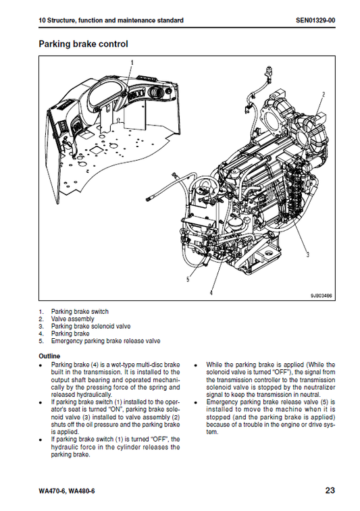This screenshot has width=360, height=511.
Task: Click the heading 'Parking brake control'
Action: (x=83, y=44)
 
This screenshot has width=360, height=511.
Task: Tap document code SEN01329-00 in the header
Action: (x=315, y=20)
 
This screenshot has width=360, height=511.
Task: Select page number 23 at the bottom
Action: (x=330, y=490)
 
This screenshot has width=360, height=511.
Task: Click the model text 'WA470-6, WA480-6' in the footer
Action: (x=66, y=491)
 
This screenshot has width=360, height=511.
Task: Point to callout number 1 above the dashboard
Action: (x=132, y=63)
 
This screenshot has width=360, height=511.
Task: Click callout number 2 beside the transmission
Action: (x=324, y=95)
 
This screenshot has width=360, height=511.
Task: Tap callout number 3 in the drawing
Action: (x=307, y=254)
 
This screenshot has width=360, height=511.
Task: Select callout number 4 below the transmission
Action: (x=211, y=292)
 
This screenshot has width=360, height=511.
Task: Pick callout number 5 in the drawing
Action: (x=188, y=279)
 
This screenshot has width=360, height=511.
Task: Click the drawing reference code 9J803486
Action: (x=322, y=296)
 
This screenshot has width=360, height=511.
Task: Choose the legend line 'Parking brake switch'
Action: (x=80, y=312)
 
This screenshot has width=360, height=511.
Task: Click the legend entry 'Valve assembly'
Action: (x=72, y=319)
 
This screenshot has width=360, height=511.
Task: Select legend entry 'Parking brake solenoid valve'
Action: (x=91, y=326)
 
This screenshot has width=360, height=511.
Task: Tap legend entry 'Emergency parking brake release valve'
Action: (x=105, y=341)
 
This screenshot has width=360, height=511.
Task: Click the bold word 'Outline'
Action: (x=49, y=356)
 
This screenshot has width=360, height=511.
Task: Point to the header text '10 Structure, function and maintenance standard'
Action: (x=111, y=20)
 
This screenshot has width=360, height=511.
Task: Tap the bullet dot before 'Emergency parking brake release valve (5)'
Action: (x=195, y=403)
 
